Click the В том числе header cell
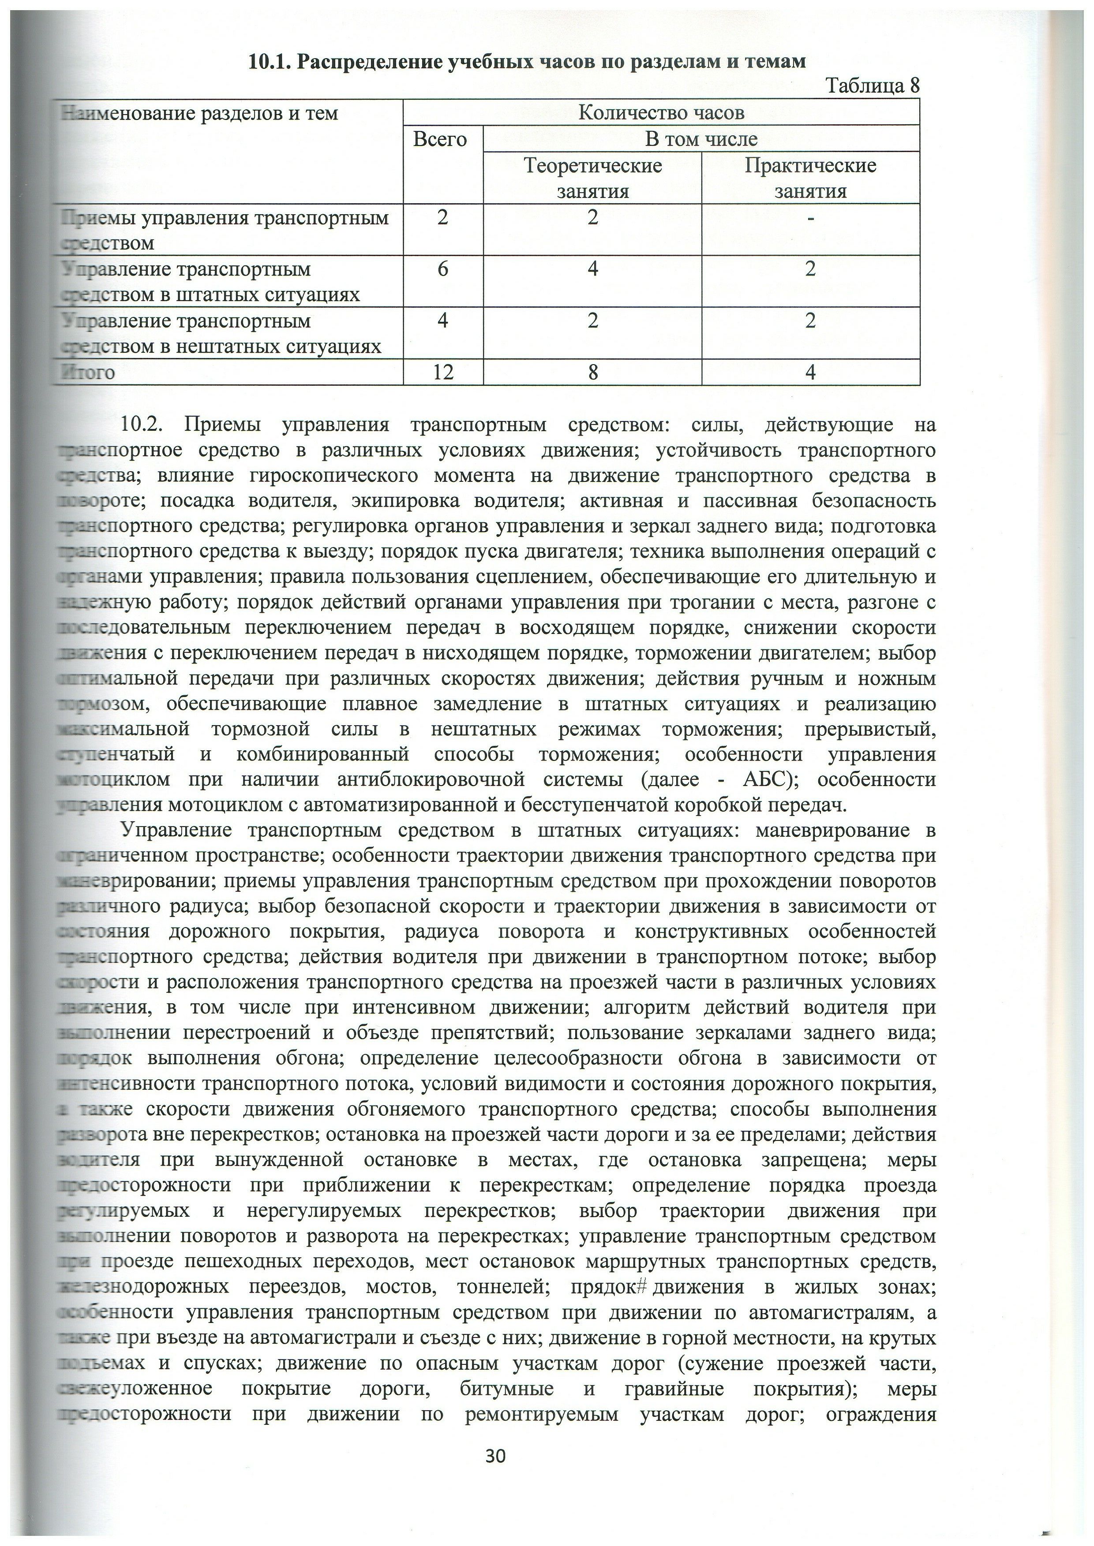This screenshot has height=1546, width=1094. [701, 139]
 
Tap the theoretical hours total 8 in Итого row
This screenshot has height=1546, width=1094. [593, 372]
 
